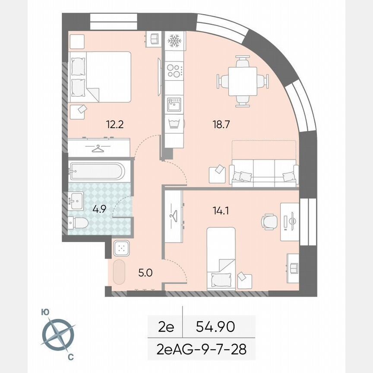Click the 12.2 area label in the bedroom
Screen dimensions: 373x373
click(x=115, y=125)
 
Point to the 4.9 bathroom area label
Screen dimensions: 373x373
click(x=99, y=210)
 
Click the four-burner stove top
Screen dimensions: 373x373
click(x=174, y=70)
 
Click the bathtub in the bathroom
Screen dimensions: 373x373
click(x=97, y=171)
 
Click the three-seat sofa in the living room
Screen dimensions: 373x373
click(x=264, y=172)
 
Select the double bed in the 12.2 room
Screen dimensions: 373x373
click(x=100, y=77)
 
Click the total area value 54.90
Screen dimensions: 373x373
click(x=215, y=327)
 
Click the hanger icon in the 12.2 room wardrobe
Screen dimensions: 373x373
click(x=99, y=149)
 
